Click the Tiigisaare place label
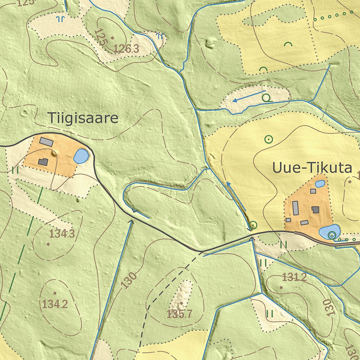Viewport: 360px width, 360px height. (x=83, y=118)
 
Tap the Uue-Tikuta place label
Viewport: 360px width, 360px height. (x=312, y=168)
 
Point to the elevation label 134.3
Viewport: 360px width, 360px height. (x=62, y=233)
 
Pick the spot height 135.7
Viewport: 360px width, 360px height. (x=179, y=314)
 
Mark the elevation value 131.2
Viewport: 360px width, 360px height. (x=295, y=277)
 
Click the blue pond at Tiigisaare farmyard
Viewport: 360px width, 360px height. (x=81, y=156)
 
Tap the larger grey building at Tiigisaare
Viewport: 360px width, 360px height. (x=46, y=142)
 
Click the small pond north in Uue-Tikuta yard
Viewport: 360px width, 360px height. (x=320, y=184)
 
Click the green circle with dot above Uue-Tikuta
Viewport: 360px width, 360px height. (x=269, y=139)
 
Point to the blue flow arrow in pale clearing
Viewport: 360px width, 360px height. (x=249, y=96)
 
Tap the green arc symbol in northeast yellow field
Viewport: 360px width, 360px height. (x=288, y=44)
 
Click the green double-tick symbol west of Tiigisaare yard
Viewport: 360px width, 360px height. (x=15, y=170)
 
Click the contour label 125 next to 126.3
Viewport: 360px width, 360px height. (x=100, y=37)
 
